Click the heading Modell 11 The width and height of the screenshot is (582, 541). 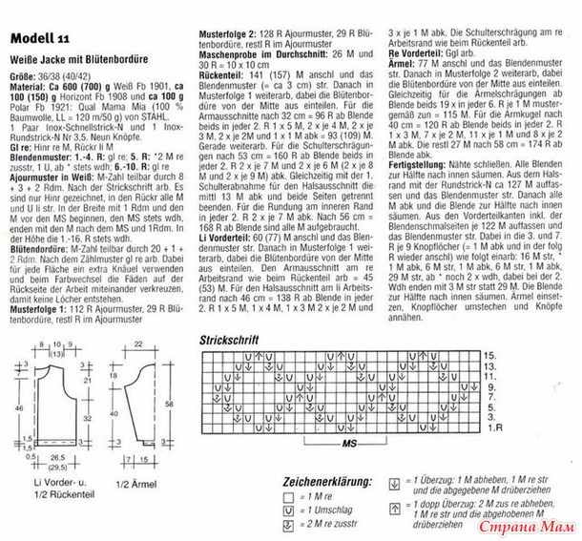(38, 37)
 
